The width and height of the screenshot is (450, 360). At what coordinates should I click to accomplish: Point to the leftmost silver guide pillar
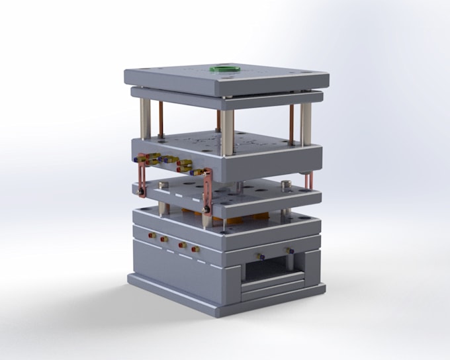(x=146, y=118)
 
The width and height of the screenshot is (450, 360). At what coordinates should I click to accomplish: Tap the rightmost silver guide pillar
(x=306, y=123)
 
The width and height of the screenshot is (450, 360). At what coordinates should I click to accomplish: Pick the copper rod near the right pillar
(x=291, y=124)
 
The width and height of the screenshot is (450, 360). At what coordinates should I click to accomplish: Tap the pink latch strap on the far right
(x=309, y=180)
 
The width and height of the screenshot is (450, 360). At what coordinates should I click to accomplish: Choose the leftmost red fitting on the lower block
(x=152, y=235)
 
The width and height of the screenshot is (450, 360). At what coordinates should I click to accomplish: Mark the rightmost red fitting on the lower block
(x=195, y=249)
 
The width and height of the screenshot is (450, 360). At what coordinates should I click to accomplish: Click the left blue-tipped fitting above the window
(x=259, y=256)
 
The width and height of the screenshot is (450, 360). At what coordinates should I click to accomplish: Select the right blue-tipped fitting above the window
(x=289, y=250)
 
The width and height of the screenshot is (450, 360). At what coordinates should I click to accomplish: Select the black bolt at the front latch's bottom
(x=207, y=210)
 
